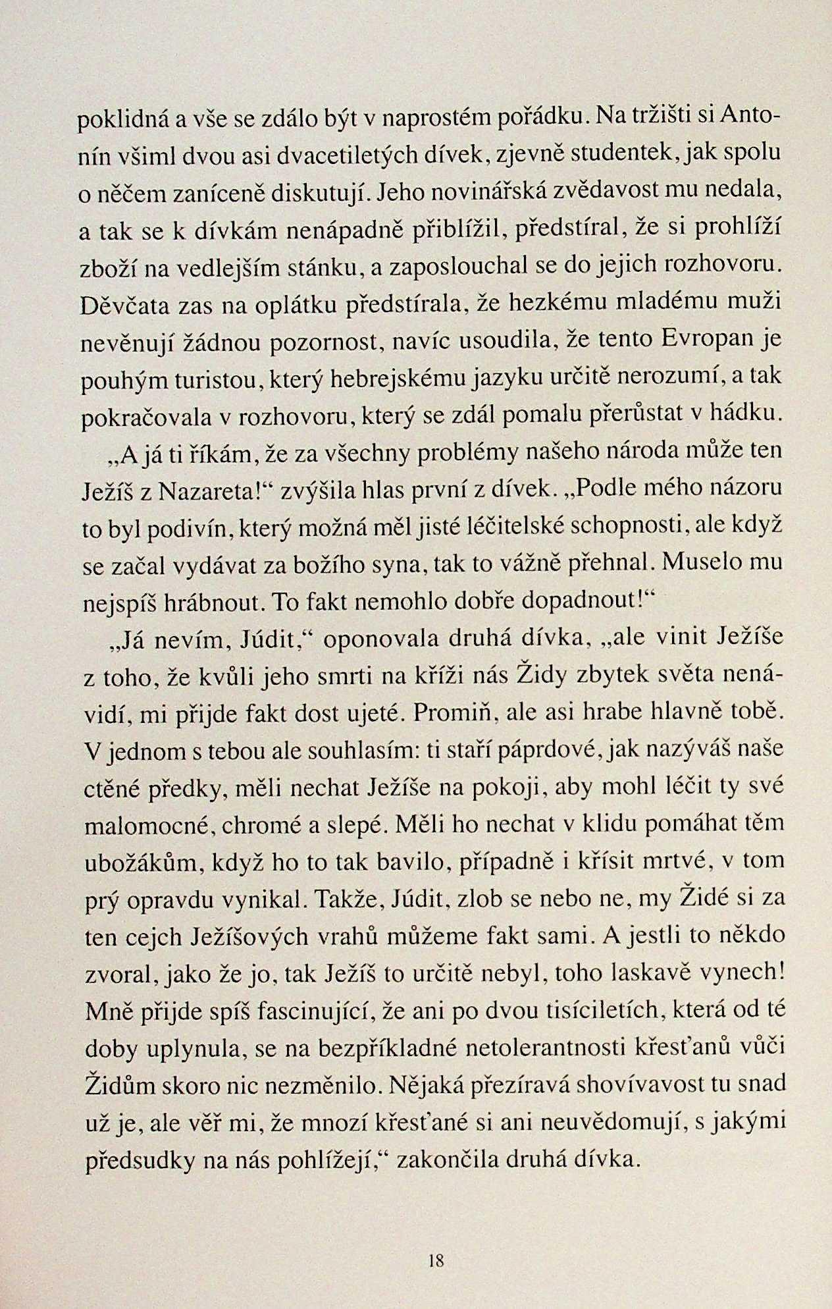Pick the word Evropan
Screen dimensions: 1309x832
click(x=706, y=340)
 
